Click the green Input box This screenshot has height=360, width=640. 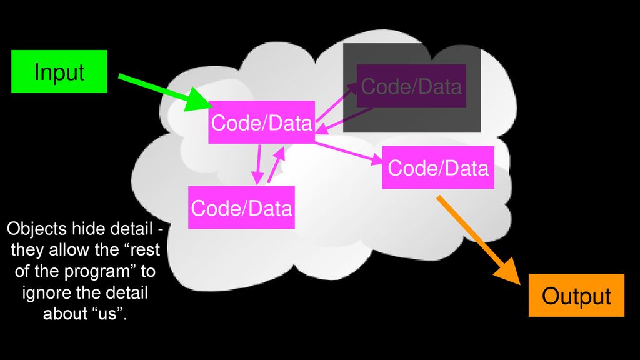59,71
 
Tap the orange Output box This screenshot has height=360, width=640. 576,296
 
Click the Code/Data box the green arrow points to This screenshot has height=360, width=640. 262,122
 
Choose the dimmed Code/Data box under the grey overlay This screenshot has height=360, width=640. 411,86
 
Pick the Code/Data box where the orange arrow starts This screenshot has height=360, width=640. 438,167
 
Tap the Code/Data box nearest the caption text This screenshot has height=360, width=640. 241,207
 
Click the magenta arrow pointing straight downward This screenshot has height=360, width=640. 258,164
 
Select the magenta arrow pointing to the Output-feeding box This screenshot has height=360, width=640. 349,152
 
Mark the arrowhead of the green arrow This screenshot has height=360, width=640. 199,99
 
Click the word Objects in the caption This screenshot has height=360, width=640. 37,229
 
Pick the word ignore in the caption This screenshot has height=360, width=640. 47,293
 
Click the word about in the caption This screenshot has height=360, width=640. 64,314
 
